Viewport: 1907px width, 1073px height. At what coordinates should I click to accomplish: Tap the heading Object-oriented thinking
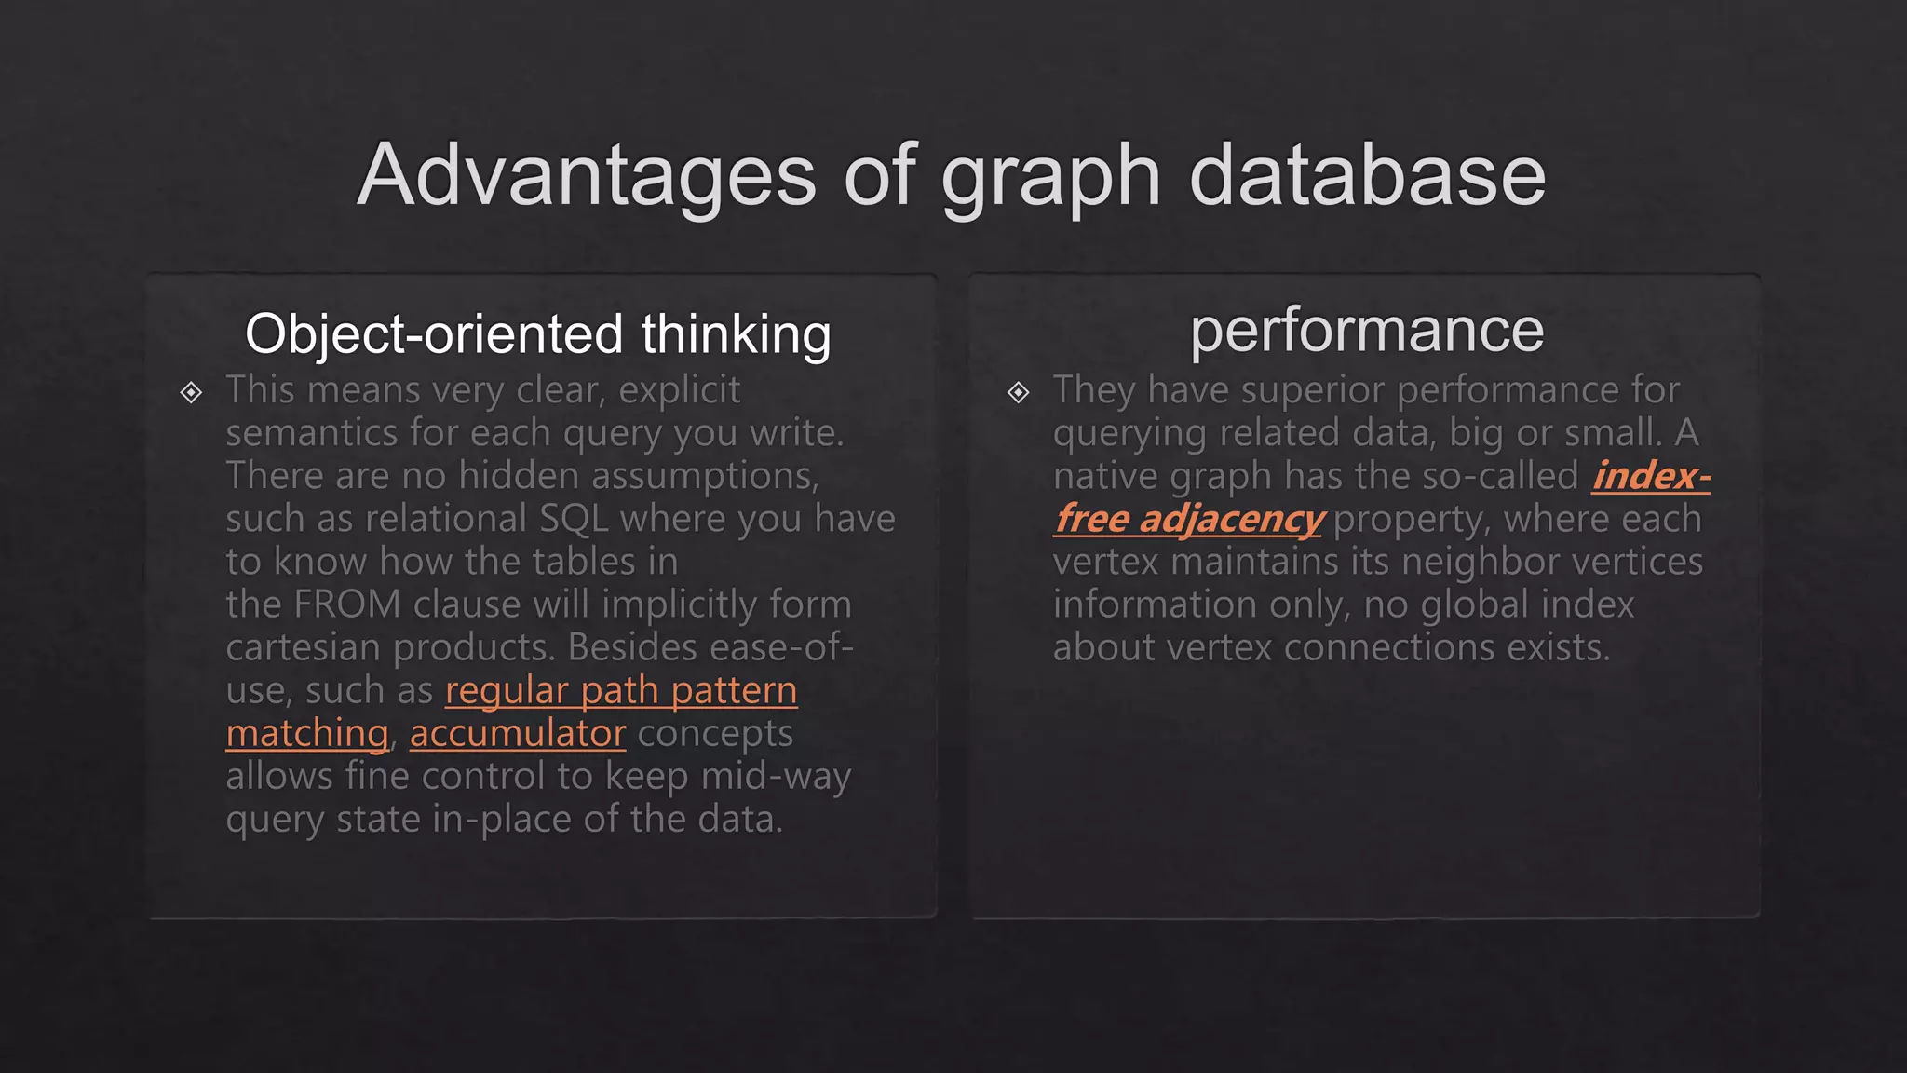coord(537,334)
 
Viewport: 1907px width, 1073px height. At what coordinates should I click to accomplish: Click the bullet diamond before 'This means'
coord(191,392)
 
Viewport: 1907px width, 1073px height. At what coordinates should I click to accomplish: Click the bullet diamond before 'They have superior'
coord(1018,392)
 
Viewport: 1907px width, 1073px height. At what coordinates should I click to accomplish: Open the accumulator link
coord(517,733)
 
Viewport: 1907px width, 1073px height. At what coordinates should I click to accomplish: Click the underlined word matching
coord(306,733)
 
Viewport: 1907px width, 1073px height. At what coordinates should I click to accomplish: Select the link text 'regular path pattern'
coord(621,690)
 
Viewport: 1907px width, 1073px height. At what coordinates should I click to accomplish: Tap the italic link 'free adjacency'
coord(1189,519)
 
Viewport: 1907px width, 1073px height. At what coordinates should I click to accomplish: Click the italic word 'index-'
coord(1651,476)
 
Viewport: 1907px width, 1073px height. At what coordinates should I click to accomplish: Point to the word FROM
coord(347,604)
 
